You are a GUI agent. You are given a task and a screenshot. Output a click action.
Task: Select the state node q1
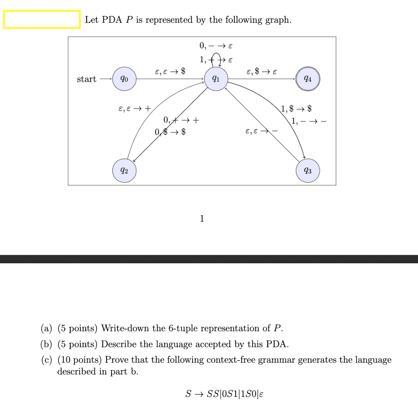(216, 80)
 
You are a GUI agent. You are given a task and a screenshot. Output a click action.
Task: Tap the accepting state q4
(308, 80)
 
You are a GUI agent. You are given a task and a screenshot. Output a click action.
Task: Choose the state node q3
(308, 171)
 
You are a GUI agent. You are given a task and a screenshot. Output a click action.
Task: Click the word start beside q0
(87, 79)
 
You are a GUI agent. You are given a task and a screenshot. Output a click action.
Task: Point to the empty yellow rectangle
(42, 20)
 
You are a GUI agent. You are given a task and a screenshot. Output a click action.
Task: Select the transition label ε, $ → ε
(262, 72)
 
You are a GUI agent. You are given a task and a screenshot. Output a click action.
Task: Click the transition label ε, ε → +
(134, 109)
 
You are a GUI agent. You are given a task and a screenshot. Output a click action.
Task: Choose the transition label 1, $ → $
(297, 109)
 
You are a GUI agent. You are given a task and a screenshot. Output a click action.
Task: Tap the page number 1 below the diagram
(202, 219)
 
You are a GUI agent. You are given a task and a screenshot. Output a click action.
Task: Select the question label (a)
(47, 329)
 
